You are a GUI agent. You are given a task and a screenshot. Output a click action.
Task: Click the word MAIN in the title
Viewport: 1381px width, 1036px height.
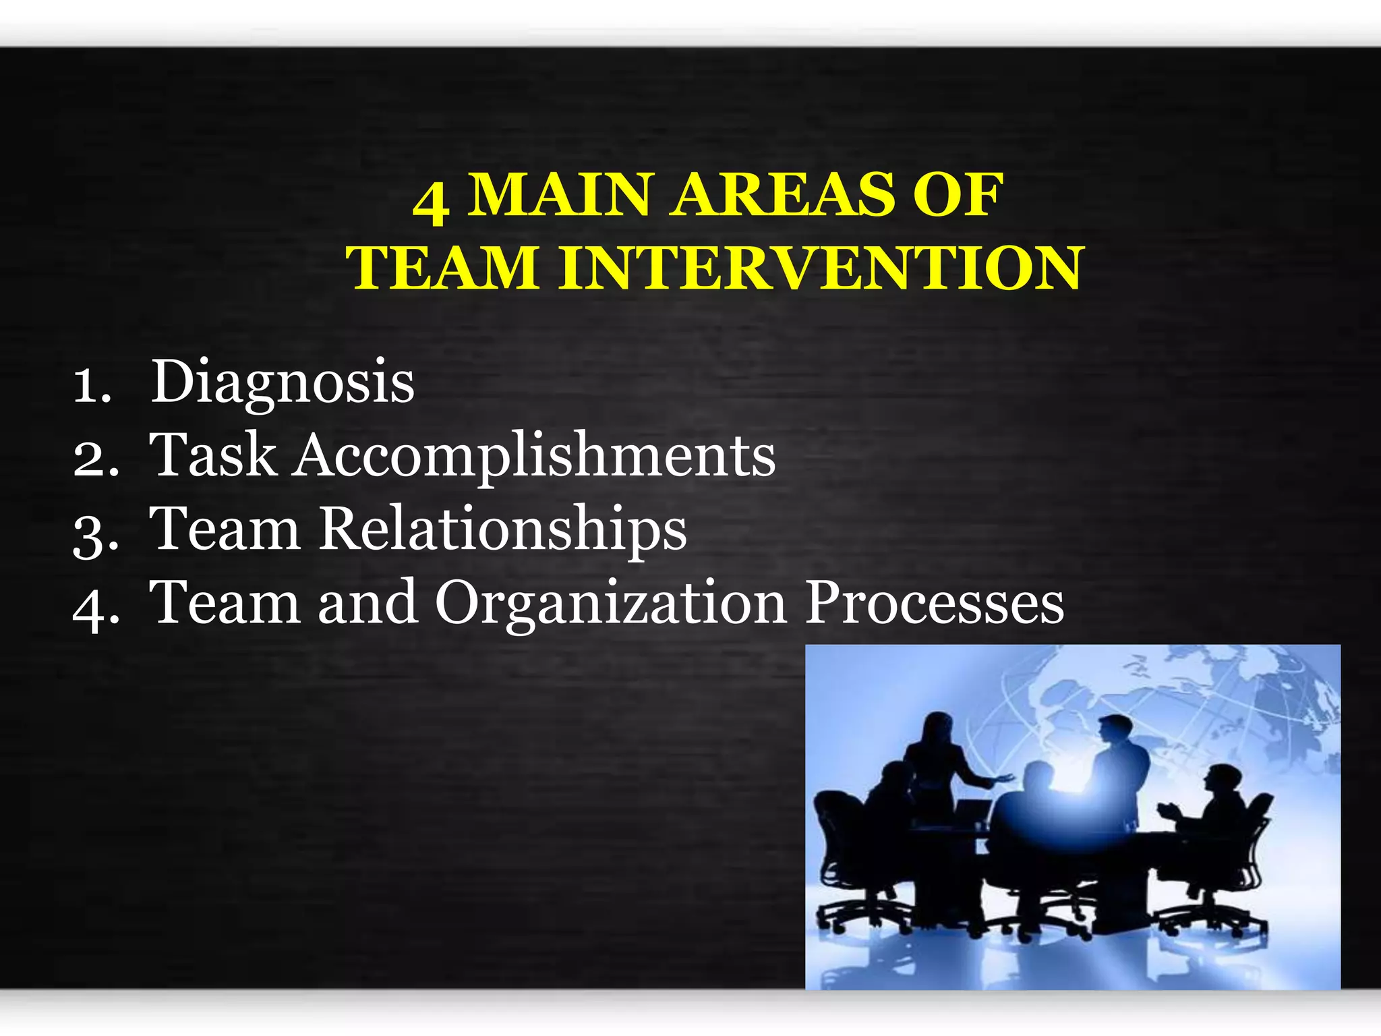(559, 195)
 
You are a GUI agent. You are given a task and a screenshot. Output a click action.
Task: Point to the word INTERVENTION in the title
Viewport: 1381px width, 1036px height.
(820, 268)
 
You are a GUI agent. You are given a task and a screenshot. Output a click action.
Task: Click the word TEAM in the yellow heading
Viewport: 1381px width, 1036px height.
(442, 268)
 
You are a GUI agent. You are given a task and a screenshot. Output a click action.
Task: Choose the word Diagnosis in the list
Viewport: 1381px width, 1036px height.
(282, 382)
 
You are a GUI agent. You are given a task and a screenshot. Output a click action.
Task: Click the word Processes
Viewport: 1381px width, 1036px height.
(935, 603)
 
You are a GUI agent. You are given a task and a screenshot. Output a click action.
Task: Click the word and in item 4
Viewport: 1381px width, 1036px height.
(368, 603)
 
